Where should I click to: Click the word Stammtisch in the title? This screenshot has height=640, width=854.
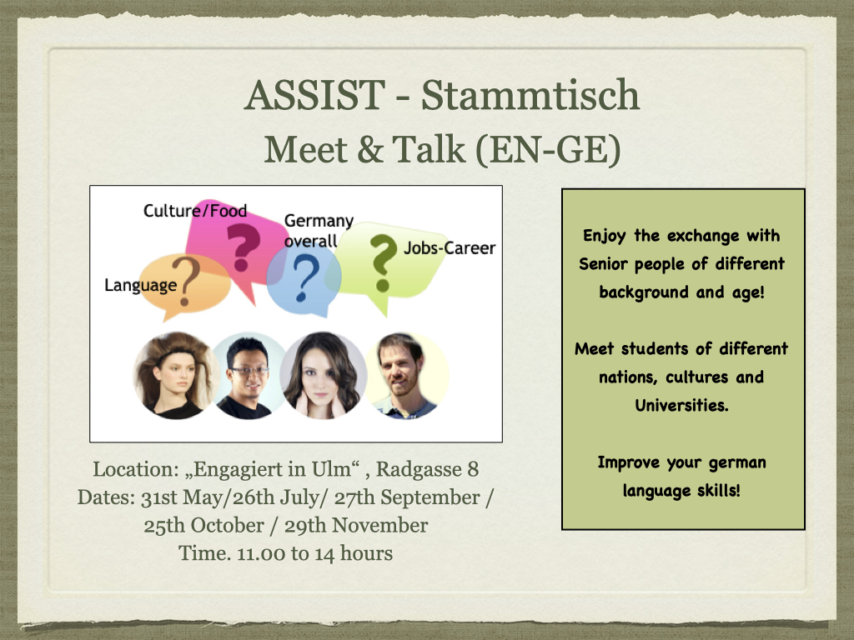[x=530, y=96]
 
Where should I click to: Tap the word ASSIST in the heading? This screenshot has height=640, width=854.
[x=315, y=96]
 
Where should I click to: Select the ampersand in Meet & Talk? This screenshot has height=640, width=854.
[x=370, y=150]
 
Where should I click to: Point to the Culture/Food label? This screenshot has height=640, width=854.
[x=195, y=211]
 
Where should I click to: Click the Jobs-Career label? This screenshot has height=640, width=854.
[x=450, y=248]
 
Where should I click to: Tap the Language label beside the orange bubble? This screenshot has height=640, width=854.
[x=140, y=285]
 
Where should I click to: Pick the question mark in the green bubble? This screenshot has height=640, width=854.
[x=383, y=263]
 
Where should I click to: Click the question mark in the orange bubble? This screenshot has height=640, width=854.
[x=186, y=281]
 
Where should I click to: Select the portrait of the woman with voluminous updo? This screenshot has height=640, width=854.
[x=175, y=376]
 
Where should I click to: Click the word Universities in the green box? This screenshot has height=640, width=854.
[x=681, y=406]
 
